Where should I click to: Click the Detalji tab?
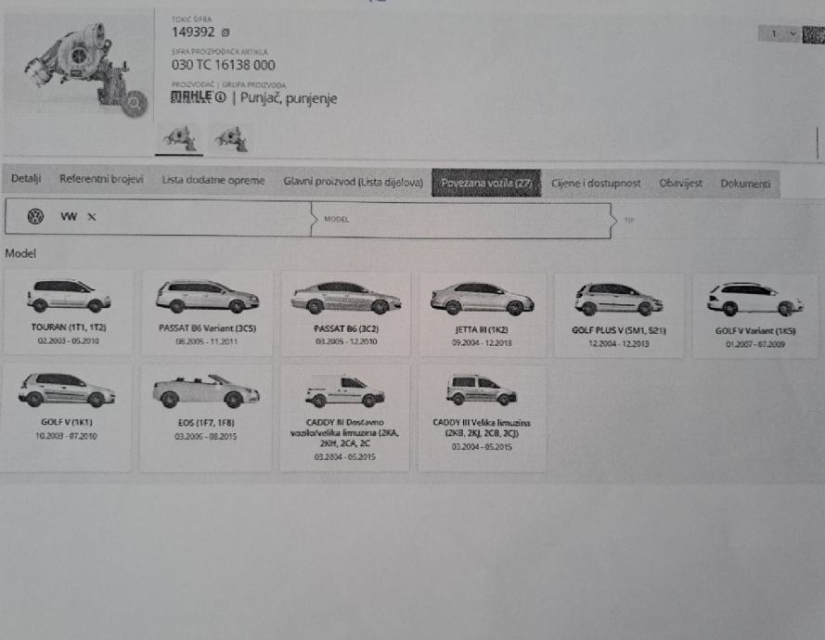click(26, 178)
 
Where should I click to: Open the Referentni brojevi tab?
click(101, 179)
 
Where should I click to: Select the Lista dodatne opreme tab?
click(213, 180)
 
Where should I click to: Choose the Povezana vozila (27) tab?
click(486, 183)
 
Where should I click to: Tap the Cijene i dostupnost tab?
click(596, 184)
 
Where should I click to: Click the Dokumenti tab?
click(745, 184)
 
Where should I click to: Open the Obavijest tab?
click(681, 184)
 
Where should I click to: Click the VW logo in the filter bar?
click(35, 217)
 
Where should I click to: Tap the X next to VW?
click(91, 217)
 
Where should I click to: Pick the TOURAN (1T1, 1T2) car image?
click(69, 296)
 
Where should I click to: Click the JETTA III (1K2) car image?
click(482, 298)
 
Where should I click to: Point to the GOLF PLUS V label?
click(620, 329)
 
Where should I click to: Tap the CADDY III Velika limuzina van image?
click(481, 390)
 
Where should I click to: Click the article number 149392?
click(192, 32)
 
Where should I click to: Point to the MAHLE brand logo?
click(198, 97)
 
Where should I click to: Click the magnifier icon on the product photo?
click(135, 103)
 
